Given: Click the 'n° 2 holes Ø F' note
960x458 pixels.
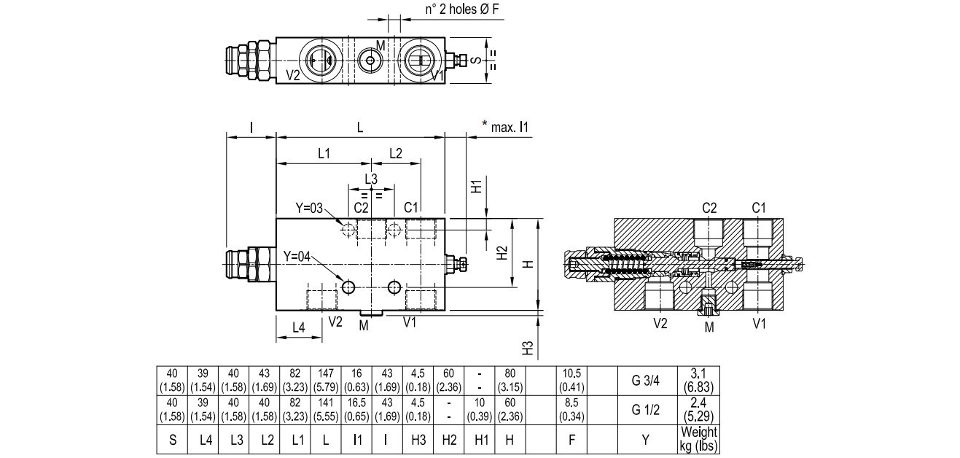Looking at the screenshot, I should click(x=462, y=9).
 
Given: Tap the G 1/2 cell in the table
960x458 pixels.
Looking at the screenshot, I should click(x=647, y=410).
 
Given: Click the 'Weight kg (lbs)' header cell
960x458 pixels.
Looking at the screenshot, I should click(x=698, y=439).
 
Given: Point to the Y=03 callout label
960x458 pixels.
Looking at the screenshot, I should click(x=309, y=208).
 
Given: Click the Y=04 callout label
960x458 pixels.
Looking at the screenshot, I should click(x=297, y=256).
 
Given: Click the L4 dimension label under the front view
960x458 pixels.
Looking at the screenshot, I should click(x=298, y=327).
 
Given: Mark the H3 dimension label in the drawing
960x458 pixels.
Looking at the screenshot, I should click(x=529, y=348).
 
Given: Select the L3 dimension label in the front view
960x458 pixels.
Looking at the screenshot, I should click(x=370, y=179).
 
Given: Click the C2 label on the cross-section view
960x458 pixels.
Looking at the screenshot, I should click(x=709, y=208).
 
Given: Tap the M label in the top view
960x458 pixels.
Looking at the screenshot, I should click(x=380, y=46).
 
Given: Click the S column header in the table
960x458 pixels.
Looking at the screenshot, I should click(x=172, y=439).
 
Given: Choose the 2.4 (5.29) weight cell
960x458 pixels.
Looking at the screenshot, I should click(x=698, y=410).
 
